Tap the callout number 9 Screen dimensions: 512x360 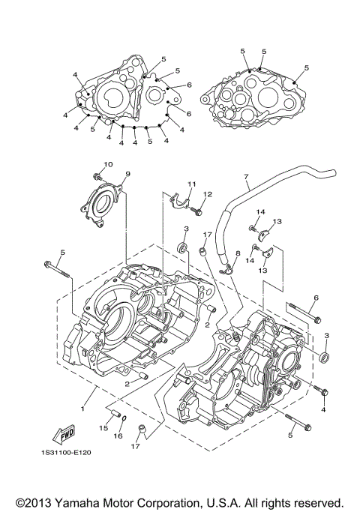click(x=127, y=174)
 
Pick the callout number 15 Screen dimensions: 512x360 click(x=103, y=428)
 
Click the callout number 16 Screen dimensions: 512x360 click(x=118, y=435)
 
